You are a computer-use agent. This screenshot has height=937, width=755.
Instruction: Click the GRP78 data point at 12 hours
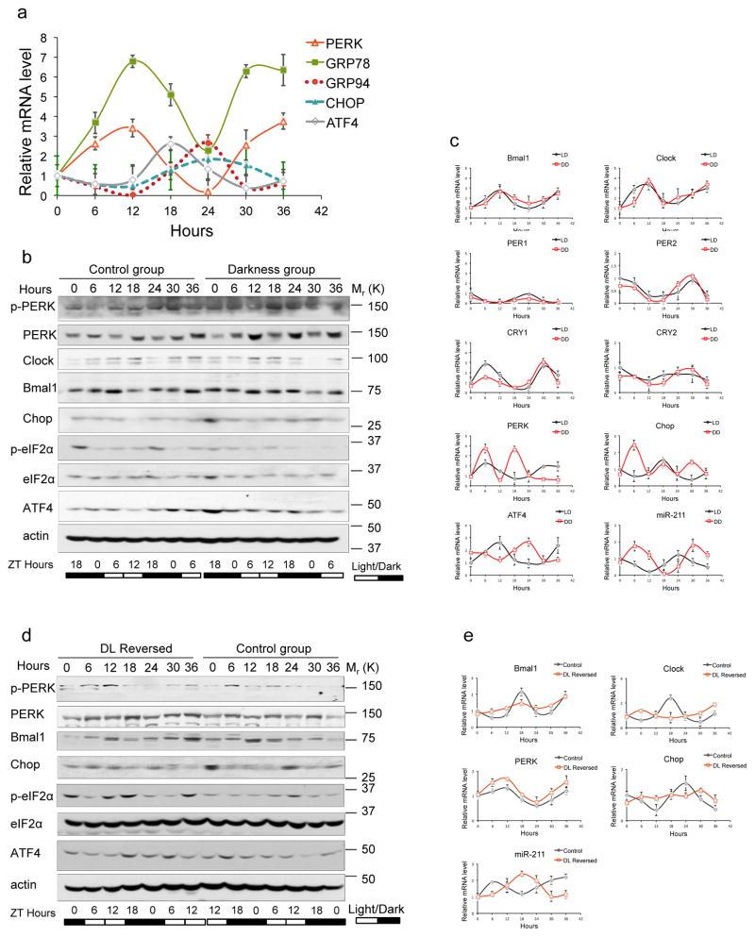click(132, 60)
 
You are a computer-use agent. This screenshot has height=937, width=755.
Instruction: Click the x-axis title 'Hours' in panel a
click(191, 229)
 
